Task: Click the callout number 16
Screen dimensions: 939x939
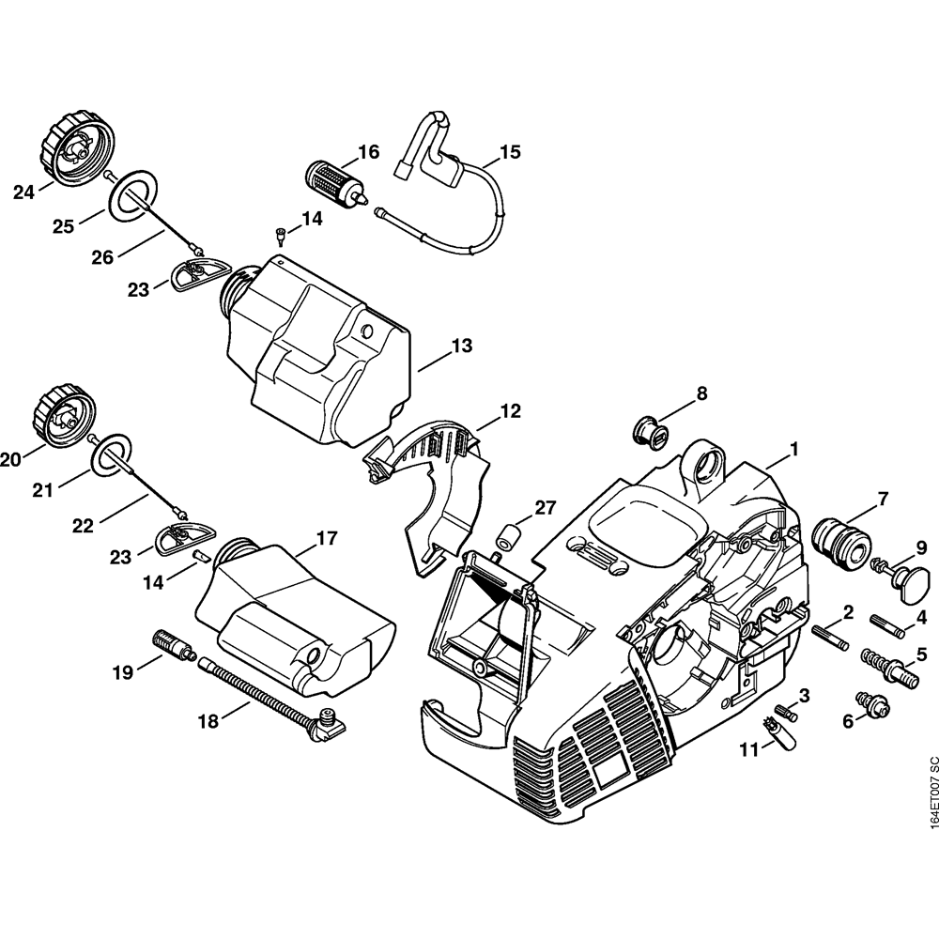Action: pyautogui.click(x=368, y=151)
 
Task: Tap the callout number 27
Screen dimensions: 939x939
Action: pyautogui.click(x=546, y=509)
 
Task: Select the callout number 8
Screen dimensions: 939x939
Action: pyautogui.click(x=700, y=393)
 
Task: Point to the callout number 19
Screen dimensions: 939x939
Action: pyautogui.click(x=123, y=671)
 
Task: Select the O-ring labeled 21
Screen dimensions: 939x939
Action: pyautogui.click(x=110, y=455)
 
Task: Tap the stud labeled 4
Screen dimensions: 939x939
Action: pyautogui.click(x=887, y=623)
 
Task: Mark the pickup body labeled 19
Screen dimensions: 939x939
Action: pyautogui.click(x=172, y=645)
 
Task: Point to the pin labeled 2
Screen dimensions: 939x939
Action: pyautogui.click(x=830, y=638)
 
